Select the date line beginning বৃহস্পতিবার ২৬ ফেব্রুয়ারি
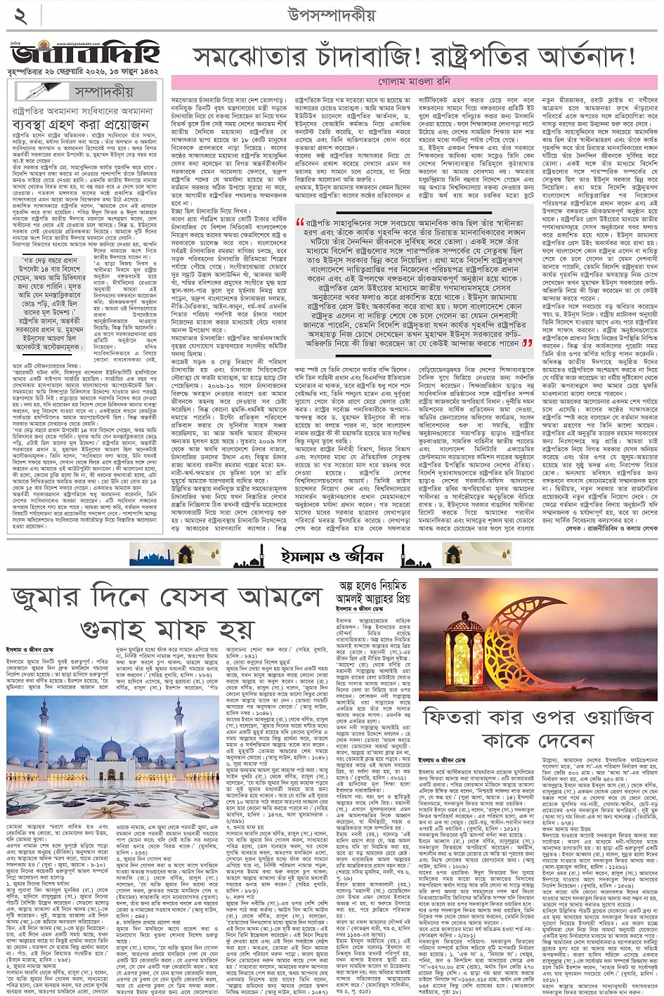pyautogui.click(x=84, y=72)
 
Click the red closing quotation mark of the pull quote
pyautogui.click(x=527, y=343)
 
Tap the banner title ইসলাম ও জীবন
pyautogui.click(x=332, y=554)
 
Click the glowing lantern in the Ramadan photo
pyautogui.click(x=460, y=638)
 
